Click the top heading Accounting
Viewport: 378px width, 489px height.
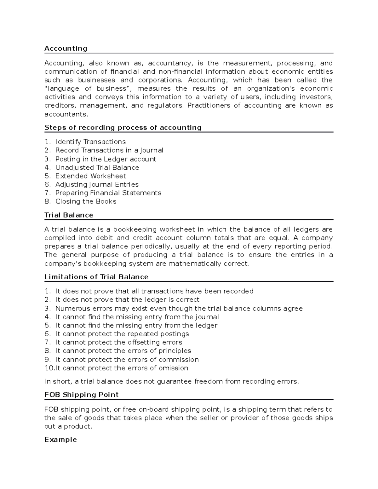click(x=66, y=48)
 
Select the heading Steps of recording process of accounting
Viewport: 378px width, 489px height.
click(x=123, y=128)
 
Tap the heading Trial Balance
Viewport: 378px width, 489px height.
click(x=69, y=215)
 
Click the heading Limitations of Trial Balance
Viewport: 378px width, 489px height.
click(x=96, y=277)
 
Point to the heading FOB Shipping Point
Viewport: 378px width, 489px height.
click(x=81, y=395)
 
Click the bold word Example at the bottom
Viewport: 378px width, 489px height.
click(x=60, y=440)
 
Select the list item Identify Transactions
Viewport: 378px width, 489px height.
click(x=90, y=142)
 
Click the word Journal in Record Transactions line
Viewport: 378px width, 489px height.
click(x=153, y=151)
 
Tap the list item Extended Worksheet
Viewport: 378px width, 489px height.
click(x=91, y=176)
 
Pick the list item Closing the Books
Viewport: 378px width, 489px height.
click(x=86, y=202)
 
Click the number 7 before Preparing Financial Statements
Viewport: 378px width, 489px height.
click(x=47, y=193)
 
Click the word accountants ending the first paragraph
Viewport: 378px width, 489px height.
click(x=66, y=114)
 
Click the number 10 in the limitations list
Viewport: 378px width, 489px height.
click(x=49, y=368)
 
